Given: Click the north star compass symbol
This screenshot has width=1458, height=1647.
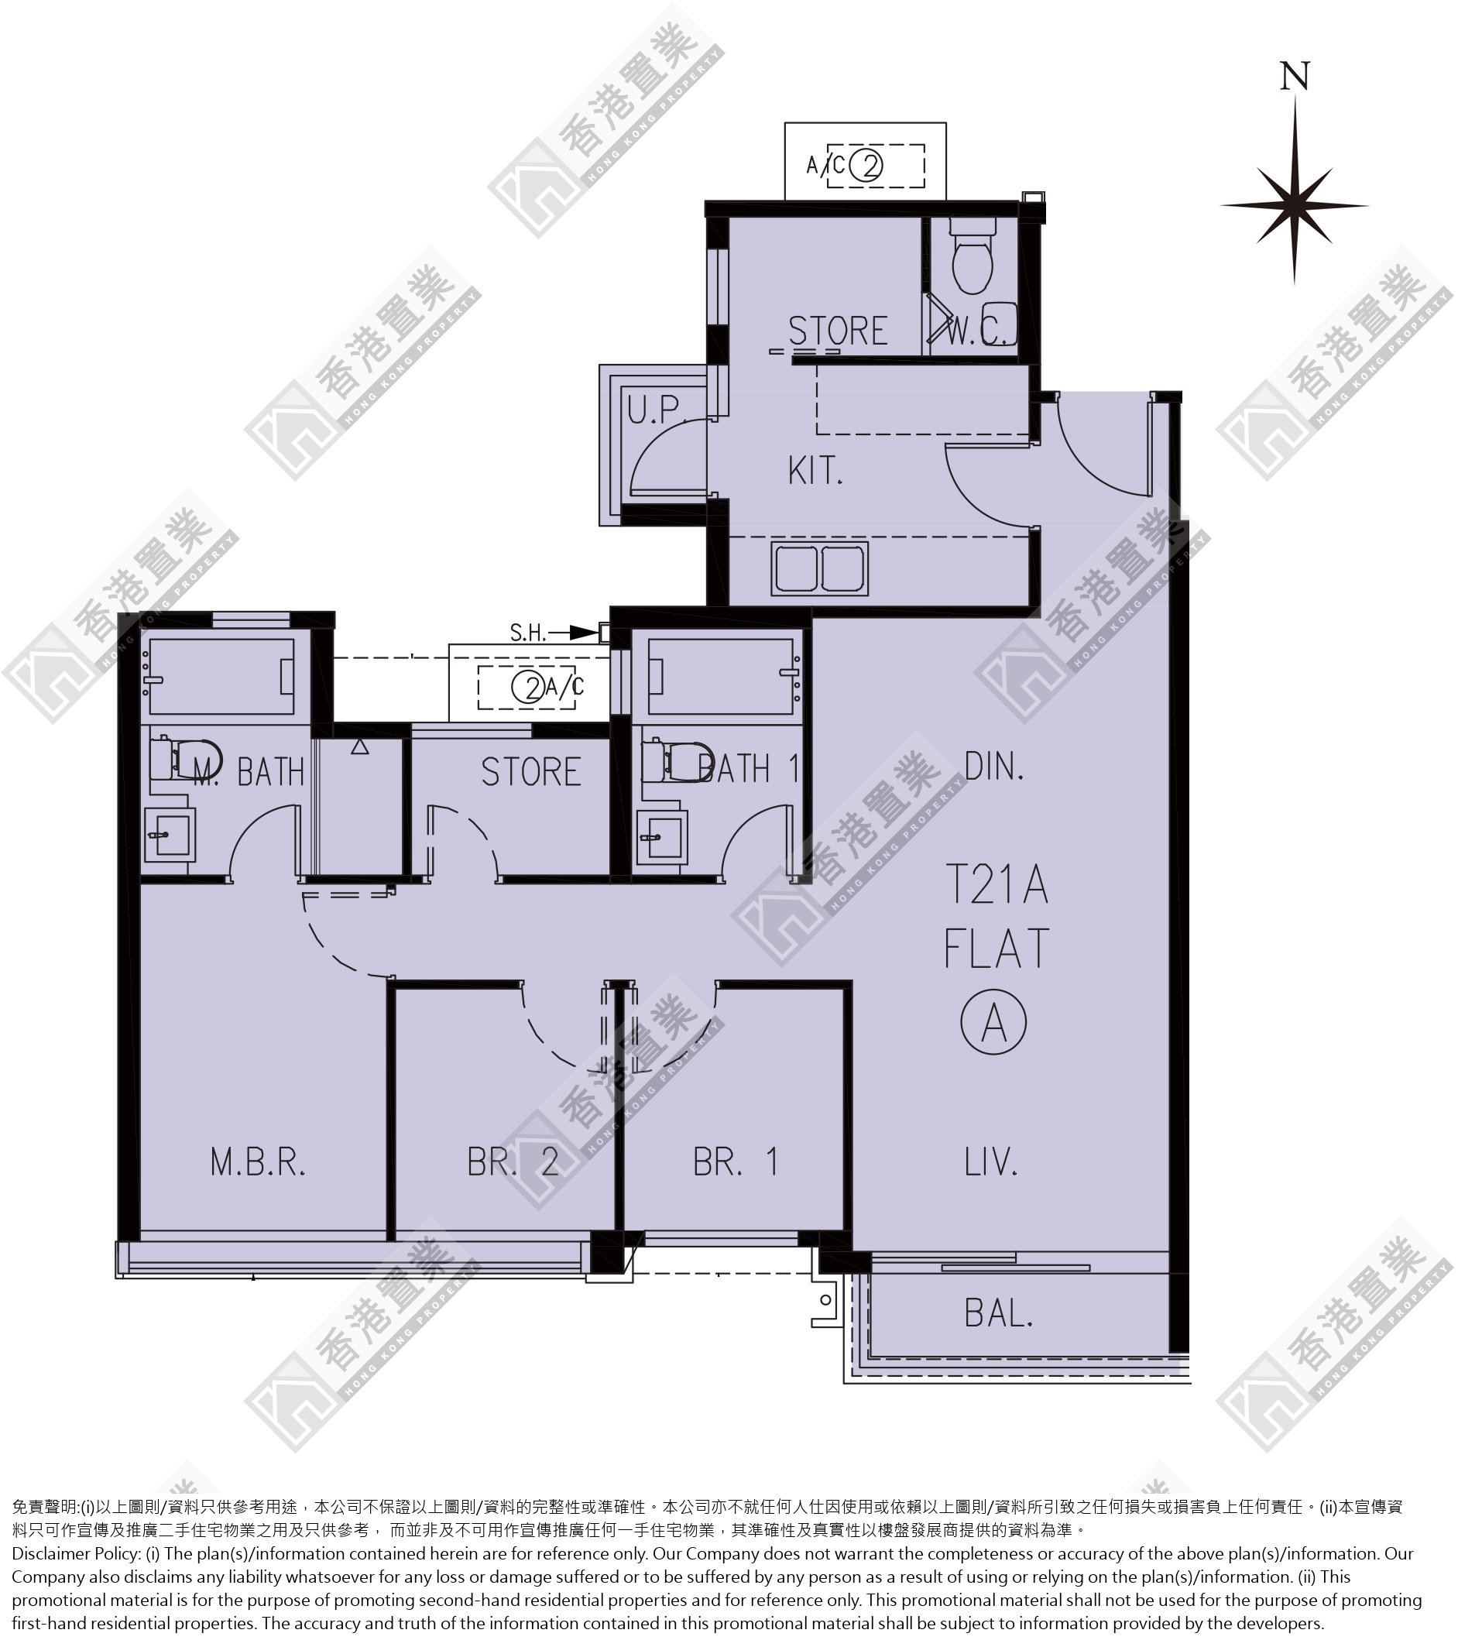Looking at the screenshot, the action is tap(1294, 204).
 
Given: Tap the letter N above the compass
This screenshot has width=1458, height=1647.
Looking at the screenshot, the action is tap(1295, 76).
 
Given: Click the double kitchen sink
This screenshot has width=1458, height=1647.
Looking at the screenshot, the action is tap(819, 569).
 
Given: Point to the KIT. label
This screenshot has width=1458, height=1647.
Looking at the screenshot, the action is tap(815, 471).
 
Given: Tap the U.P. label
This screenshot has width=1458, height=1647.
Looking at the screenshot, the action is tap(655, 410).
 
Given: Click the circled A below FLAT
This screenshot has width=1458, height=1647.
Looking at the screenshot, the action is tap(994, 1021).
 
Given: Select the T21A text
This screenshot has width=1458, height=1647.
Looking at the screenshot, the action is tap(997, 884).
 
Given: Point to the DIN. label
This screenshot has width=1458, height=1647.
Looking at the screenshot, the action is tap(994, 767).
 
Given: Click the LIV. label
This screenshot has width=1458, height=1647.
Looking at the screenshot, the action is tap(992, 1161).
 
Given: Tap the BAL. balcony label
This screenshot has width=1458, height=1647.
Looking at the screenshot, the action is tap(999, 1314).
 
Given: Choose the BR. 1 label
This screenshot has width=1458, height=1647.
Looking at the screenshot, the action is tap(736, 1161).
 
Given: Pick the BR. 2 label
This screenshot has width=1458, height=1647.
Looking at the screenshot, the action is tap(513, 1161).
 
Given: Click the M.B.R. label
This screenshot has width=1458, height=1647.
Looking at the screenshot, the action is tap(258, 1162).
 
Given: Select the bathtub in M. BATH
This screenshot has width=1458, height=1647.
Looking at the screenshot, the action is tap(218, 676).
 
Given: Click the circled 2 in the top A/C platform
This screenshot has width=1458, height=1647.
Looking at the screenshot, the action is tap(866, 166).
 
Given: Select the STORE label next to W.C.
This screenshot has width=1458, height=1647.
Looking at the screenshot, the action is tap(838, 331).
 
